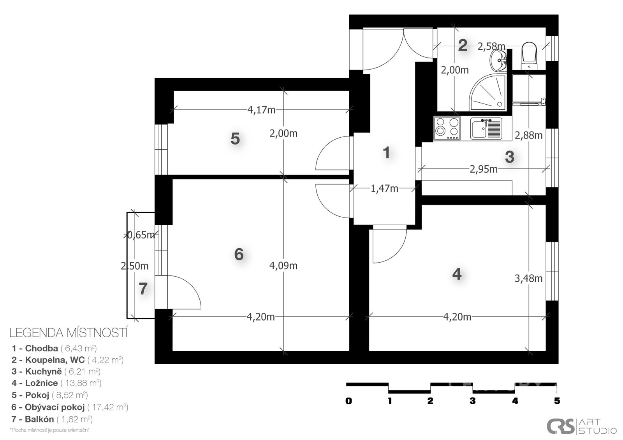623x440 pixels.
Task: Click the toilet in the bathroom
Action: point(529,56)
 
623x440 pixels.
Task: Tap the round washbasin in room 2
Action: point(498,60)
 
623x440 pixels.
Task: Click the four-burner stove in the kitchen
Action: point(447,128)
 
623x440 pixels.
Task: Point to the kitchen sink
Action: point(486,128)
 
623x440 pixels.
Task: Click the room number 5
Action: point(235,138)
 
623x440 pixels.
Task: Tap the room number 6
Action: point(239,254)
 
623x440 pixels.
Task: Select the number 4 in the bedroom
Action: point(457,274)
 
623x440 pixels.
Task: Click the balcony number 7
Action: point(143,289)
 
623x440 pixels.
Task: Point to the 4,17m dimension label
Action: point(261,110)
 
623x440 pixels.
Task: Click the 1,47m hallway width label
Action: point(384,189)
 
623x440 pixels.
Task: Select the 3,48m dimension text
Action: point(528,278)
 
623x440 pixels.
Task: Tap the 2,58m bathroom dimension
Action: point(491,47)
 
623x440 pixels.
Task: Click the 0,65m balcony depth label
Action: point(141,235)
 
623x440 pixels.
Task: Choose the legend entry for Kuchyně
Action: point(56,372)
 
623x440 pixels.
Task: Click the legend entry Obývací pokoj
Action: point(70,407)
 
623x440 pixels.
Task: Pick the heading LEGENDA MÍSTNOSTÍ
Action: point(69,333)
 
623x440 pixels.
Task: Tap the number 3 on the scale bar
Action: point(473,401)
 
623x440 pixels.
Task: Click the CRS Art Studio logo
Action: point(582,426)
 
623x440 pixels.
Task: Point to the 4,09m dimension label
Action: point(283,266)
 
